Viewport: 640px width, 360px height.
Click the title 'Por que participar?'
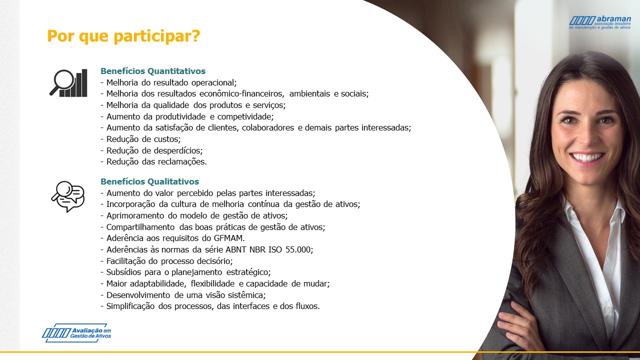(x=123, y=36)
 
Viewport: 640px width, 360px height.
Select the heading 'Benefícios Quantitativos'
(x=153, y=71)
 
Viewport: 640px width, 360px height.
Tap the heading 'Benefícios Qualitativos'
(x=149, y=181)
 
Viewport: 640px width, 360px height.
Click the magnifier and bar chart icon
(x=68, y=83)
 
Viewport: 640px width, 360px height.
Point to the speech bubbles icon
(x=68, y=196)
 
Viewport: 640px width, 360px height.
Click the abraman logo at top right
(x=600, y=22)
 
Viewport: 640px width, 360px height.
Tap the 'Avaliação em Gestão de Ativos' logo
(x=76, y=333)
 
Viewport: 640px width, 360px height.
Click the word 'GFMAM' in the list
(x=228, y=238)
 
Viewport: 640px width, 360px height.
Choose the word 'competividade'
(x=245, y=117)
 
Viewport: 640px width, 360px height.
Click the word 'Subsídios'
(x=123, y=272)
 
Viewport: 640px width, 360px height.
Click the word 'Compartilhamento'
(x=140, y=227)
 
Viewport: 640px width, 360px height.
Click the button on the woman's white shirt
(x=608, y=309)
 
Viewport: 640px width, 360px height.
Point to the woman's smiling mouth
(x=587, y=157)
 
